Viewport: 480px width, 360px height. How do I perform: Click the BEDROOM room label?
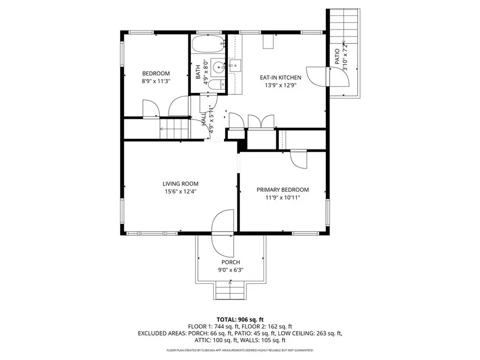156,73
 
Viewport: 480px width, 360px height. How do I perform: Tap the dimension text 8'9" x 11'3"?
156,82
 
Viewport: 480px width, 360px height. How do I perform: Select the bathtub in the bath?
207,44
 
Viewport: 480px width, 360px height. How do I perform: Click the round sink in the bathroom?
217,68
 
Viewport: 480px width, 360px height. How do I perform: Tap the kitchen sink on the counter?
236,67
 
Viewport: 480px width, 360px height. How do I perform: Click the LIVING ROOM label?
181,183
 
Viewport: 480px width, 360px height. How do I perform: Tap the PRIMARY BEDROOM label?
283,190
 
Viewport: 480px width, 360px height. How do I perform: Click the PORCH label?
231,262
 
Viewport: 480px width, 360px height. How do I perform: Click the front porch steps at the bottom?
231,292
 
